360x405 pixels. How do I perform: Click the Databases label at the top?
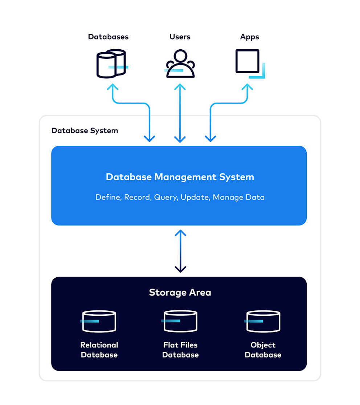point(108,37)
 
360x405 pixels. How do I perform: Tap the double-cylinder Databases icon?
point(111,63)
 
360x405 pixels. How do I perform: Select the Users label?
point(180,37)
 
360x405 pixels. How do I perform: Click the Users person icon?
point(180,64)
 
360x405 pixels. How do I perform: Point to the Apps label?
point(249,37)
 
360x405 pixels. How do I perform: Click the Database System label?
point(85,131)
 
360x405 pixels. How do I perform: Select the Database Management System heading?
point(180,177)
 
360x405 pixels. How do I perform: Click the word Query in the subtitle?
point(165,197)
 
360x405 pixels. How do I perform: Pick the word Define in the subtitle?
point(108,197)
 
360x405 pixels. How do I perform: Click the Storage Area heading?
point(180,292)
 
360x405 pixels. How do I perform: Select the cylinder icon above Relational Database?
point(99,321)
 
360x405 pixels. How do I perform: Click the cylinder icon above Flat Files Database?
point(180,321)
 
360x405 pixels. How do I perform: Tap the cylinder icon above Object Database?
point(263,321)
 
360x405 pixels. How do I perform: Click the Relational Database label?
point(99,350)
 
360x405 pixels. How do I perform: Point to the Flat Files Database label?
point(180,350)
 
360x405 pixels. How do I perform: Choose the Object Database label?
point(263,350)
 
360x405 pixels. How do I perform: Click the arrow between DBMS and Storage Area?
point(180,251)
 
